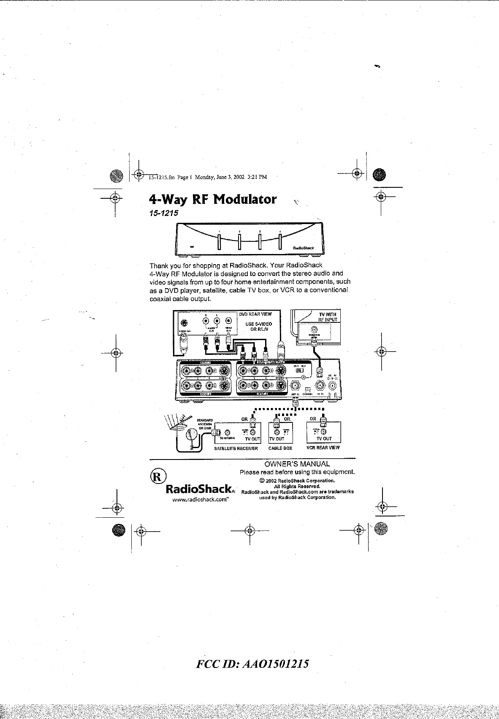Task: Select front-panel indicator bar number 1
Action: pos(220,242)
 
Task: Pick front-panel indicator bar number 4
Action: pos(280,242)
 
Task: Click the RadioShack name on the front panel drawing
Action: pos(303,248)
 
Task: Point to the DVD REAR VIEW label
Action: pos(255,314)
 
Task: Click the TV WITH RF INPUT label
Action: pos(328,317)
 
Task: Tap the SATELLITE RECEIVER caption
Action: pos(236,448)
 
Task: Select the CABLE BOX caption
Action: pos(280,448)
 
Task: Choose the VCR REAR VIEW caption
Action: pos(323,448)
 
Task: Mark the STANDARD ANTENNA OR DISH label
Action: pos(204,424)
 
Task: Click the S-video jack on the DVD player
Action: pos(184,324)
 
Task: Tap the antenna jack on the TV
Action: pos(314,330)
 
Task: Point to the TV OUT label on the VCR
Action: pos(324,439)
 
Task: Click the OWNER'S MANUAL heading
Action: pos(297,464)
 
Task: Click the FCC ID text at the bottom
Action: pos(252,664)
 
